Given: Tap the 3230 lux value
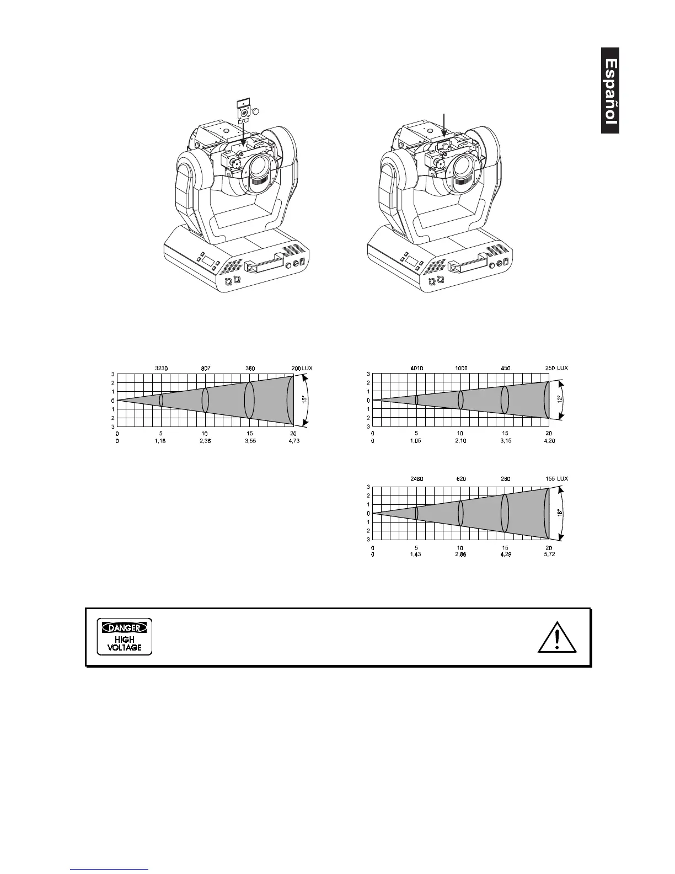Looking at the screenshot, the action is point(160,367).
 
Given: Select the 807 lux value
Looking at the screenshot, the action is point(205,367).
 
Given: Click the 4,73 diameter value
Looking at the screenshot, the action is point(293,441).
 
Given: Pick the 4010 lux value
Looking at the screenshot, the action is point(416,367).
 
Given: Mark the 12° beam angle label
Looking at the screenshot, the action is point(560,399).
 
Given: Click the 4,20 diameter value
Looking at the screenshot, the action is point(548,441).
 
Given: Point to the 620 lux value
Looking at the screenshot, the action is point(460,479).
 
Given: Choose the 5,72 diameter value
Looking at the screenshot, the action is point(549,555).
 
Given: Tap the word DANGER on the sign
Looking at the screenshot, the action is point(124,627).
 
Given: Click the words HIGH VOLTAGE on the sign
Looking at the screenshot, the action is point(125,644).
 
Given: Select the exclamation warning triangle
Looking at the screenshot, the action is point(558,639).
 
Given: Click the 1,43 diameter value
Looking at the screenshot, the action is point(415,555).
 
